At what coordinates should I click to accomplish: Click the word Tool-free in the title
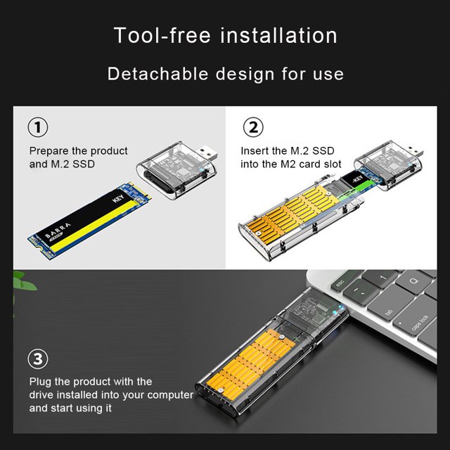162,35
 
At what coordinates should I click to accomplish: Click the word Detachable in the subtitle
157,74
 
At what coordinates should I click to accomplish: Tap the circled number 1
38,127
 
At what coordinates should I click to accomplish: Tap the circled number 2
253,127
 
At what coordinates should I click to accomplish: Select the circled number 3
38,359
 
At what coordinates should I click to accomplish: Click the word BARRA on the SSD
58,231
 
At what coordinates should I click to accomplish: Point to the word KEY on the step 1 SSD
118,198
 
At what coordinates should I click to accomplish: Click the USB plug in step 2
414,151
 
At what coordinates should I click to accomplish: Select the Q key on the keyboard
414,281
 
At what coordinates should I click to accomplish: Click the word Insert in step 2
250,151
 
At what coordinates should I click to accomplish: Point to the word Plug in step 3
40,382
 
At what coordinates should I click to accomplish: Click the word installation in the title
278,35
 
